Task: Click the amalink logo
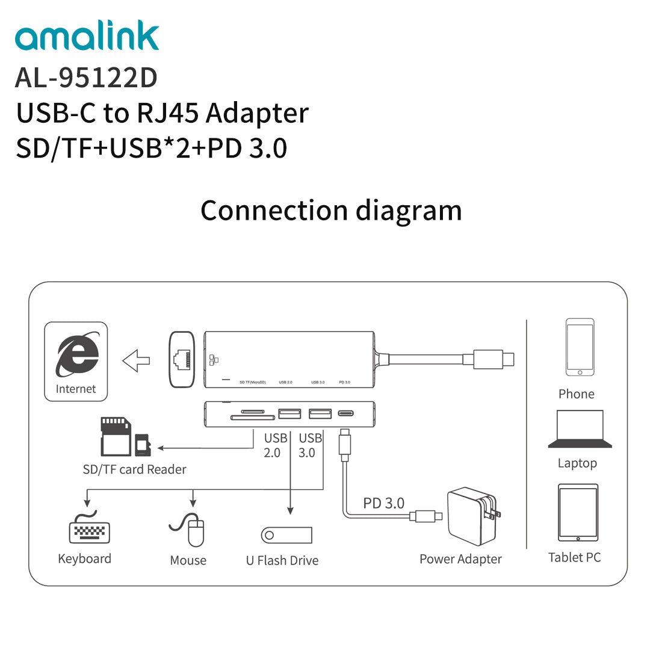87,37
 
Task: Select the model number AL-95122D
86,78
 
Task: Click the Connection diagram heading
331,211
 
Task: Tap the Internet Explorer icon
77,355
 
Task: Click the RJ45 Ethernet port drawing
182,359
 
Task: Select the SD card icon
116,436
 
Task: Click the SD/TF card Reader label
134,469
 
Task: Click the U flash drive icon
286,535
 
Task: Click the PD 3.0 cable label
383,503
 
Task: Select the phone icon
580,347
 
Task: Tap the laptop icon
580,429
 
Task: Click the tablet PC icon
578,513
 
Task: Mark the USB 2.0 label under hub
274,445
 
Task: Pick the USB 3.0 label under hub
309,445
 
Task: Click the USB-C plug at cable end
493,359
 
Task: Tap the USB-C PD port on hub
345,413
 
